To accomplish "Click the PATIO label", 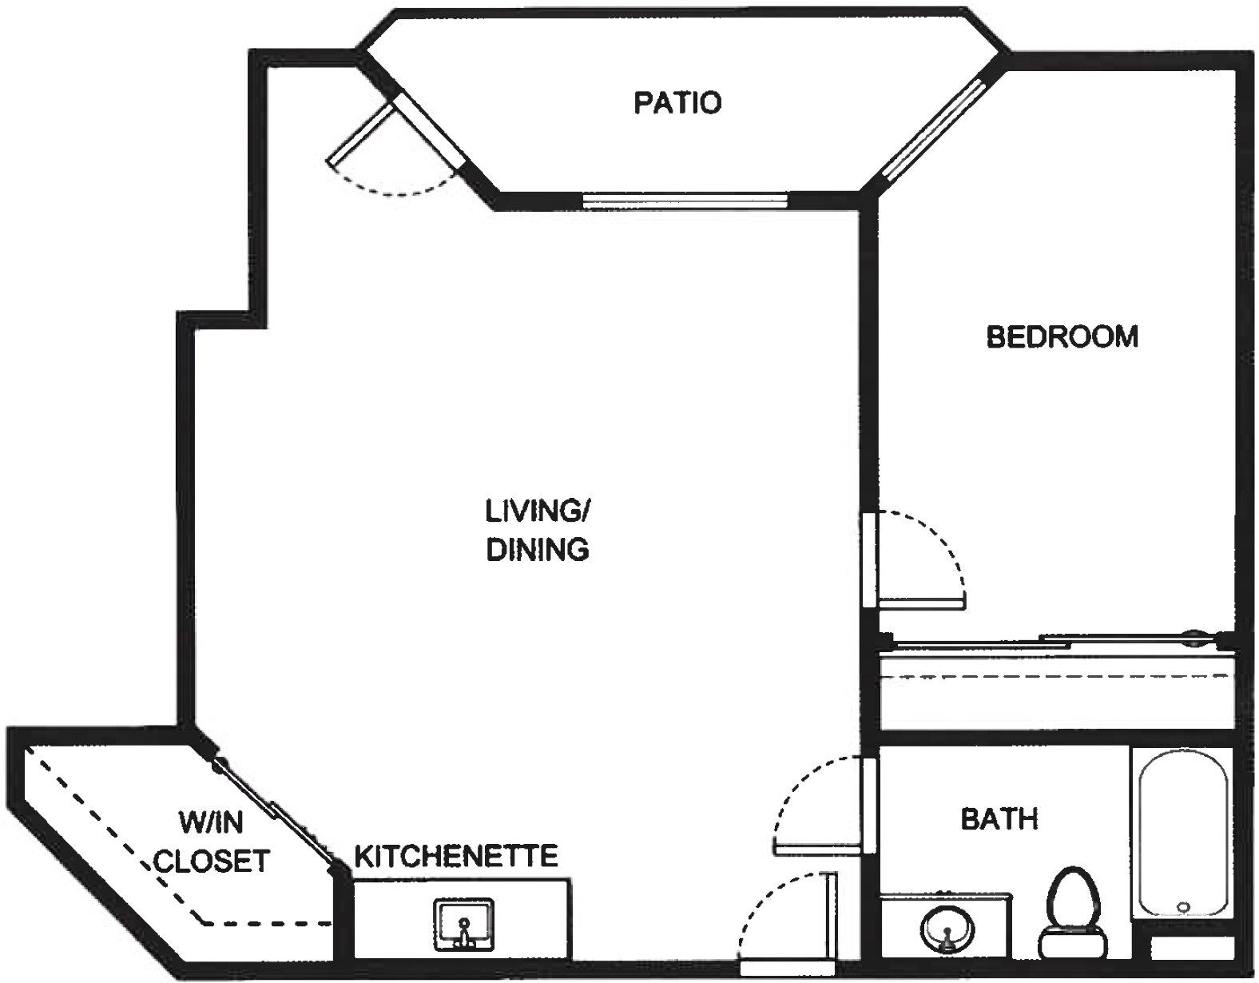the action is [677, 103].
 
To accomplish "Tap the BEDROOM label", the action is [1062, 336].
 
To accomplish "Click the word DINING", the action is [537, 549].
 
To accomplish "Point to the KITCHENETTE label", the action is [456, 856].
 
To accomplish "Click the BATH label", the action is [999, 819].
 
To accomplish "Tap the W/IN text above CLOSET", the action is [212, 822].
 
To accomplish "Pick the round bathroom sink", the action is [947, 930].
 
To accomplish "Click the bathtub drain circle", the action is [1184, 907].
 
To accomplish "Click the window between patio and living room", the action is [685, 201].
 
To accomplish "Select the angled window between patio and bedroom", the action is [933, 131].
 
